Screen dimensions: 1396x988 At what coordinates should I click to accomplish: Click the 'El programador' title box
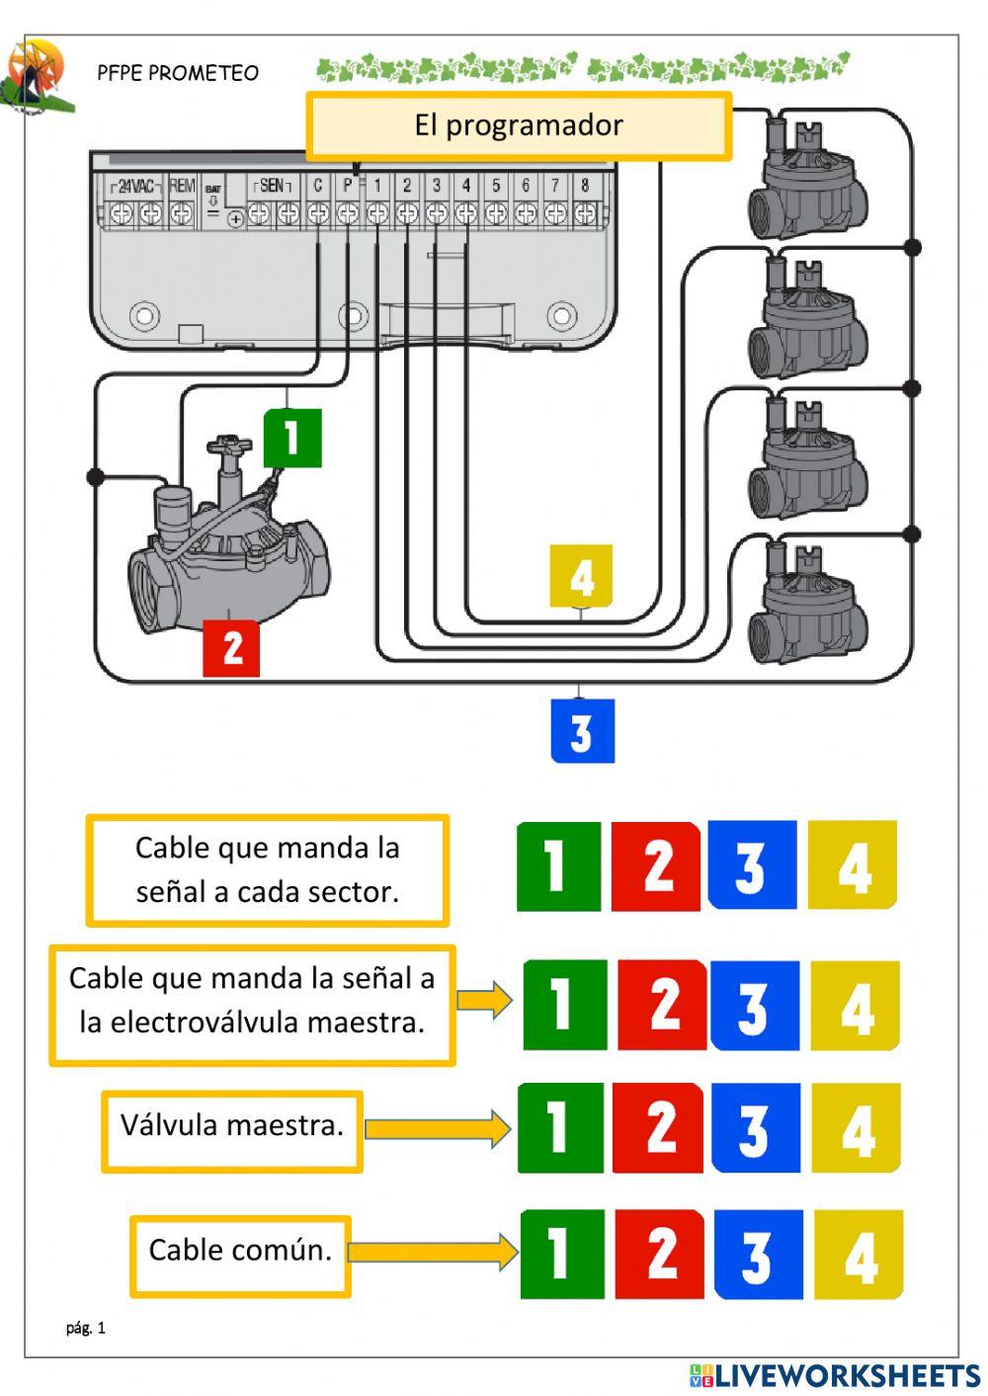tap(519, 125)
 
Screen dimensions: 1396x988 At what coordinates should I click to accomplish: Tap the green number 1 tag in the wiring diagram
tap(292, 438)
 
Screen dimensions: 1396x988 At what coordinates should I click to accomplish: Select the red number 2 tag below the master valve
tap(231, 648)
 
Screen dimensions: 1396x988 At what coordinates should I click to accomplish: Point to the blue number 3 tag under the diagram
tap(582, 731)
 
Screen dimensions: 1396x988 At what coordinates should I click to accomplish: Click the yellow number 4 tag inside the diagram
tap(581, 576)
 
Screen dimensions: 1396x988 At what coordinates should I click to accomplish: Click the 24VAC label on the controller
tap(135, 186)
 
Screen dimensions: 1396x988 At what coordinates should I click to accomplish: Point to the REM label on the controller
tap(182, 186)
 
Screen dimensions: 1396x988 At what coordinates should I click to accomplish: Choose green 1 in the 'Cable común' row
tap(561, 1254)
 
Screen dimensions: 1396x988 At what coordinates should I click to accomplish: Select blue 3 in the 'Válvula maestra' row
tap(755, 1127)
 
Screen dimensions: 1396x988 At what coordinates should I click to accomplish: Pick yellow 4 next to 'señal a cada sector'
tap(853, 865)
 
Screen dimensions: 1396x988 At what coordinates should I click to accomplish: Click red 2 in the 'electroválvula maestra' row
tap(662, 1005)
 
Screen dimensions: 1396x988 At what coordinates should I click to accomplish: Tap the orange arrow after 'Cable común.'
tap(432, 1252)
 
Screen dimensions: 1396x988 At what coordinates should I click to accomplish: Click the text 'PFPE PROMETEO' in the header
tap(178, 73)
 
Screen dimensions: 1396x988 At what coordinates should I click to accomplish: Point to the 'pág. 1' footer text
tap(86, 1328)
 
